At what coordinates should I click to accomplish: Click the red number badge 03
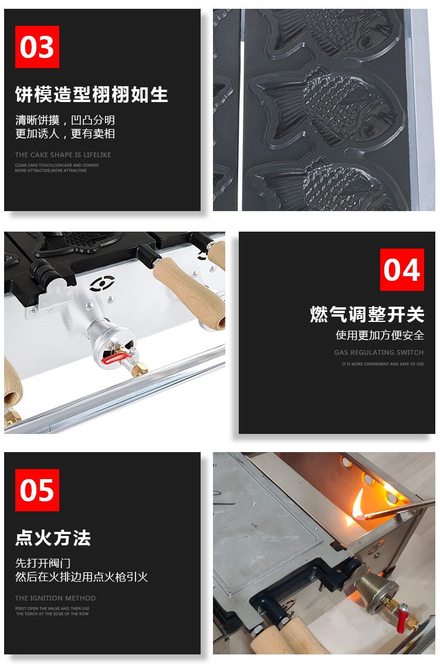click(37, 47)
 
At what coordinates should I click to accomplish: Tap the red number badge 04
click(402, 270)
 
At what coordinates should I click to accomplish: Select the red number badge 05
click(37, 490)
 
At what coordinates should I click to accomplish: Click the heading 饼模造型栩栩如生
click(92, 94)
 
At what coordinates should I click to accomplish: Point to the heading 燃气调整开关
click(367, 314)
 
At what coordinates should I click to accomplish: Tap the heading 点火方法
click(53, 538)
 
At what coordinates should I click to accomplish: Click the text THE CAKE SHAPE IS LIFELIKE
click(63, 155)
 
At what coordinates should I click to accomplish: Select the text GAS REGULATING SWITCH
click(378, 352)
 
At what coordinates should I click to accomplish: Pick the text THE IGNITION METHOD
click(55, 598)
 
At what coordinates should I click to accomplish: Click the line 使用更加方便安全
click(380, 335)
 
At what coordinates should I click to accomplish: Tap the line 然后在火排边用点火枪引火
click(82, 576)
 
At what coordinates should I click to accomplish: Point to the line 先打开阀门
click(43, 563)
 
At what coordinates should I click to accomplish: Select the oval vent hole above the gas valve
click(99, 284)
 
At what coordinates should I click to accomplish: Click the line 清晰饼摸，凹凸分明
click(65, 120)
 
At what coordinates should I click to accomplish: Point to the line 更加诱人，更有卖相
click(65, 134)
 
